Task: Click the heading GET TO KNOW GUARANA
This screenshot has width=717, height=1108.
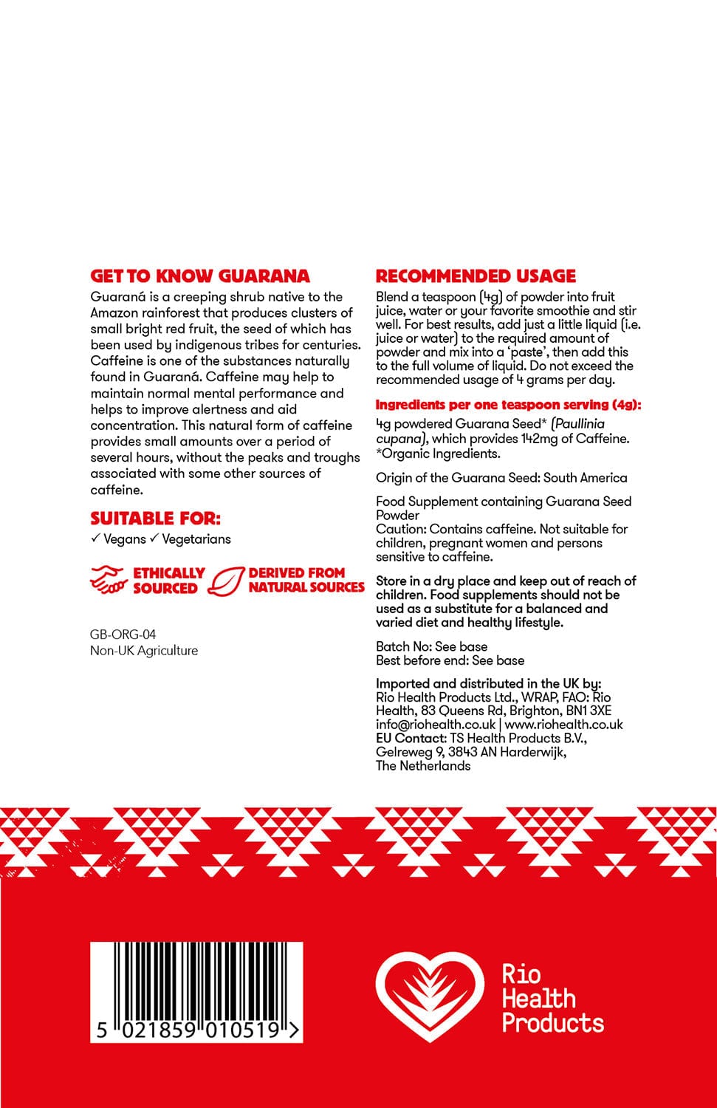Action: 200,276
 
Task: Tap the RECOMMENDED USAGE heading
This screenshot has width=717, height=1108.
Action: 476,276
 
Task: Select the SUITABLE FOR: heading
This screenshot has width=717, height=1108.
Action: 155,518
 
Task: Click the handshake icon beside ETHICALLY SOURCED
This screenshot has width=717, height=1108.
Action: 109,580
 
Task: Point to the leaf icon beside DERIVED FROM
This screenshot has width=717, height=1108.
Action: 226,581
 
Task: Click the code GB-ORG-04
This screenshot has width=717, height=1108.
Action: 123,634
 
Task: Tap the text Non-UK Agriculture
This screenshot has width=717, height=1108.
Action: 144,650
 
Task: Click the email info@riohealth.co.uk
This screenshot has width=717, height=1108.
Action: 435,725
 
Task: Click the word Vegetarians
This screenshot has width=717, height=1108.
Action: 196,539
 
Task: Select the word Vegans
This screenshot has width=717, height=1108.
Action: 125,539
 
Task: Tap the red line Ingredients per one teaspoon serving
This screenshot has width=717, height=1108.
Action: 508,405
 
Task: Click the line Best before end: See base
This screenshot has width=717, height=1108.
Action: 450,660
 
